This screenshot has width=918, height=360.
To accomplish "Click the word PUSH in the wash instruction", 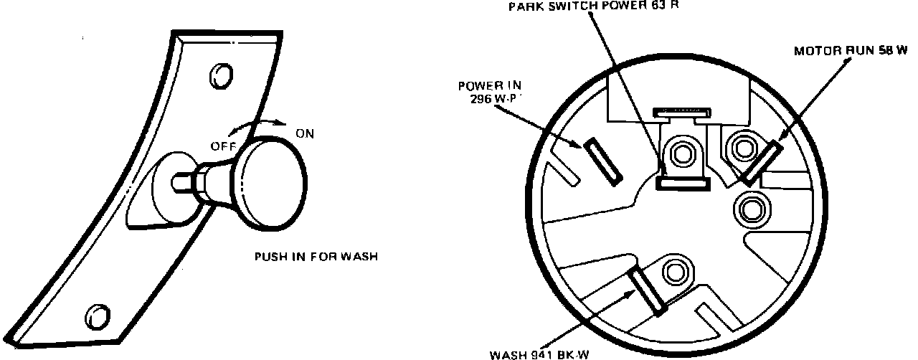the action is point(271,256).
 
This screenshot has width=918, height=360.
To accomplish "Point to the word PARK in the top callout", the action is point(524,6).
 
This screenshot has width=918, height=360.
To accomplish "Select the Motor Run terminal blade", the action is point(762,162).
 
